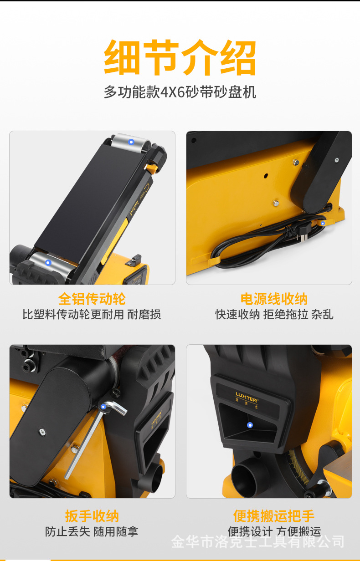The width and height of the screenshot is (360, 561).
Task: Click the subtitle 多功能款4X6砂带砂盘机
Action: pyautogui.click(x=180, y=92)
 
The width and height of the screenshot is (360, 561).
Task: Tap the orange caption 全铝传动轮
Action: pyautogui.click(x=92, y=299)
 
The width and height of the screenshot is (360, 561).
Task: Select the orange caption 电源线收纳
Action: pyautogui.click(x=274, y=299)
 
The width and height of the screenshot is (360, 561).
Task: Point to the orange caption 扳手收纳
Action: pyautogui.click(x=92, y=516)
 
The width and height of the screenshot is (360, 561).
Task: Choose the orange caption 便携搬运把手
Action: pyautogui.click(x=274, y=516)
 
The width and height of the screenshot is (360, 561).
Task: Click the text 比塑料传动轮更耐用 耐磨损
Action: pyautogui.click(x=92, y=315)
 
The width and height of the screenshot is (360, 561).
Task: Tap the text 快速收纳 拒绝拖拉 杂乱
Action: pyautogui.click(x=274, y=315)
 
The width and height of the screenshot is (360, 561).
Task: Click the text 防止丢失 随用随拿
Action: pyautogui.click(x=92, y=531)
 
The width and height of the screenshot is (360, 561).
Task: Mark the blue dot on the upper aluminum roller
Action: pyautogui.click(x=131, y=142)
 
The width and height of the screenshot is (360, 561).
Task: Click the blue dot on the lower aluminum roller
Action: pyautogui.click(x=48, y=263)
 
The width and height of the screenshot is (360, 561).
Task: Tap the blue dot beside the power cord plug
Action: pyautogui.click(x=323, y=223)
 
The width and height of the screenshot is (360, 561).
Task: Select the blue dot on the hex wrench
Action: pyautogui.click(x=104, y=406)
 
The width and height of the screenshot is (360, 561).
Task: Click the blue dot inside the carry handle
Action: pyautogui.click(x=250, y=425)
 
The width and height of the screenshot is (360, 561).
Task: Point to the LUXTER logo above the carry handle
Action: pyautogui.click(x=247, y=395)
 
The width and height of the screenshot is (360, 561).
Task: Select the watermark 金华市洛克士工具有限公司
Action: pyautogui.click(x=257, y=542)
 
